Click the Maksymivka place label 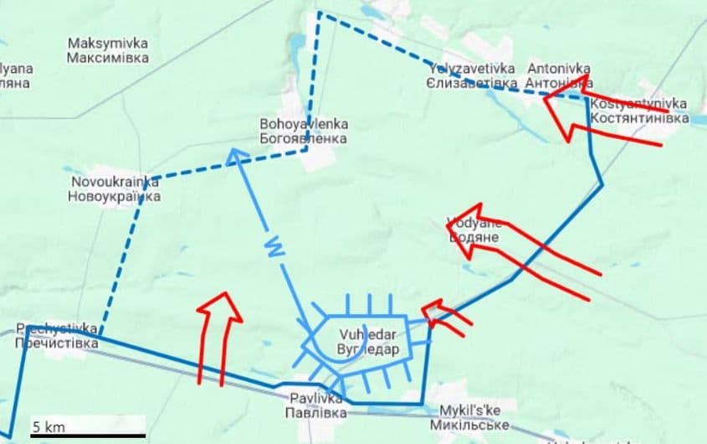(x=108, y=50)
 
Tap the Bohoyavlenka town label (x=304, y=131)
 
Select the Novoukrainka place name (x=114, y=188)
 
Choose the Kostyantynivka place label (x=638, y=111)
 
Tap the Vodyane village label (x=474, y=230)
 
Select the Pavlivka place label (x=314, y=407)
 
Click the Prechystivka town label (x=57, y=336)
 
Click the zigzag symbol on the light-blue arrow (x=273, y=248)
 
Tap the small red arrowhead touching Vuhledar (x=433, y=312)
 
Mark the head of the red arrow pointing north (x=220, y=302)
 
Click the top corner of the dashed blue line (x=318, y=13)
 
